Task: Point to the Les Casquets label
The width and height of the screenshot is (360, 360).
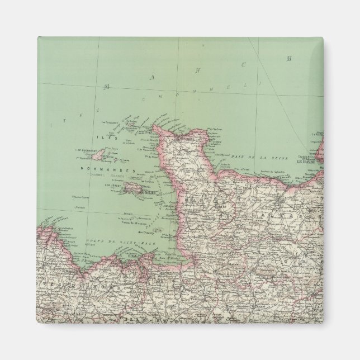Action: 111,121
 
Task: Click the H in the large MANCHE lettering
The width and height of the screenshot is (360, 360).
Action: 290,58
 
